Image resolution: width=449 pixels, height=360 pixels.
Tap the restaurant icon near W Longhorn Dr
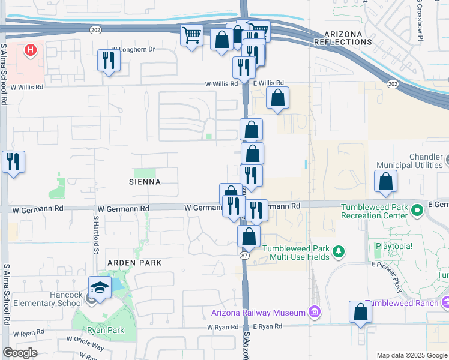tap(108, 61)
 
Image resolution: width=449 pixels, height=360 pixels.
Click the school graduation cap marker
tap(100, 287)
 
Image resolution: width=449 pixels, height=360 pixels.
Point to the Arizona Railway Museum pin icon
tap(313, 311)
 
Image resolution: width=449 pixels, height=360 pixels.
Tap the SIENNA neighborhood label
tap(144, 181)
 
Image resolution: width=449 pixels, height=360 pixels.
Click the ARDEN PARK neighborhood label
tap(134, 263)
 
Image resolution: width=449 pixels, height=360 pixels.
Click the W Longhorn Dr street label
tap(133, 50)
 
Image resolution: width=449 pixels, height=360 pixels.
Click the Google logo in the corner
tap(20, 353)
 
